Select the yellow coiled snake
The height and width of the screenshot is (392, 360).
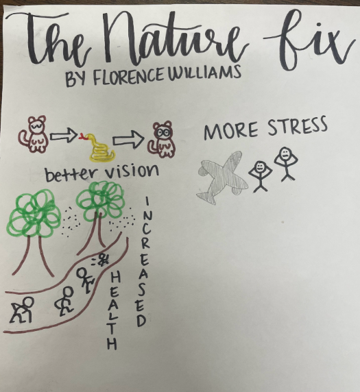pyautogui.click(x=100, y=148)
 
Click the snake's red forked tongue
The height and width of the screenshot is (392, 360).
pyautogui.click(x=82, y=136)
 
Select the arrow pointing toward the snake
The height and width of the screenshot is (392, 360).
pyautogui.click(x=64, y=136)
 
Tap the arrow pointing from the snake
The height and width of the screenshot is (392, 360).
pyautogui.click(x=128, y=140)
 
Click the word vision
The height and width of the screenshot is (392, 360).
pyautogui.click(x=132, y=171)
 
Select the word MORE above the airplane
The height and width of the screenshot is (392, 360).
pyautogui.click(x=231, y=132)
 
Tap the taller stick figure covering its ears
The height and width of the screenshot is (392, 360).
pyautogui.click(x=285, y=162)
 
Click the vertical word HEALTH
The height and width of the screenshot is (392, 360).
pyautogui.click(x=112, y=310)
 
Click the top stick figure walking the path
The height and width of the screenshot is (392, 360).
pyautogui.click(x=85, y=280)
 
